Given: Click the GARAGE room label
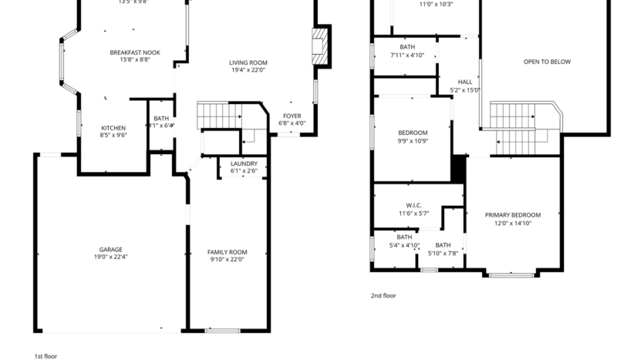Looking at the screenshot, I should pos(110,250).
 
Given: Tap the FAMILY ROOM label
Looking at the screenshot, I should pos(227,252).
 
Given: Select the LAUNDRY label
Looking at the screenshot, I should pos(244,163).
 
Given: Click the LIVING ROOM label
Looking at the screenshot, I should pos(248,62).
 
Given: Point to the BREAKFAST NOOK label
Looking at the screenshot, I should pos(135,52).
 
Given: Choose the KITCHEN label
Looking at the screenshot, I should pos(113,128).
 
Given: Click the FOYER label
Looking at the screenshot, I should pos(292,116).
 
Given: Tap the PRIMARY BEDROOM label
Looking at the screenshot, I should pos(513,215).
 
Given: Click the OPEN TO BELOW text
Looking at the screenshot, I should pos(547,62).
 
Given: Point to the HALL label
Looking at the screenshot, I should pos(465,82).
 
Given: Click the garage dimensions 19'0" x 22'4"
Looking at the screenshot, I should pos(110,257).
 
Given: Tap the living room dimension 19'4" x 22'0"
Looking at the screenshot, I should pos(248,70).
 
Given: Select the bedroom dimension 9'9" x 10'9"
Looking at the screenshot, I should pos(413,141).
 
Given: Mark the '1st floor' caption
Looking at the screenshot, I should pos(46,356).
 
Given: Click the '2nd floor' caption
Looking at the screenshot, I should pos(383,294).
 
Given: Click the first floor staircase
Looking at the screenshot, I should pos(220,116).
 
